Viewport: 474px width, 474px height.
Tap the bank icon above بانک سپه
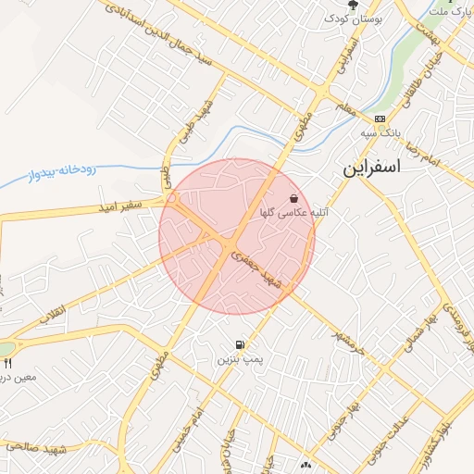380,118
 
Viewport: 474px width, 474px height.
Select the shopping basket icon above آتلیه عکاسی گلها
293,198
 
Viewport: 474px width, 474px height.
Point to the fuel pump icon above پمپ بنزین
241,343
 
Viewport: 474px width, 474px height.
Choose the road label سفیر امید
117,207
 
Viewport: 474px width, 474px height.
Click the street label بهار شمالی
413,334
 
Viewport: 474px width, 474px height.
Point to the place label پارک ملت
452,11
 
